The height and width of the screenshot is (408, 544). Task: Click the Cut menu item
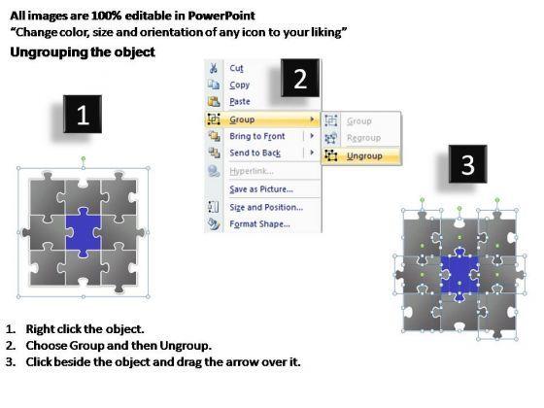(x=236, y=68)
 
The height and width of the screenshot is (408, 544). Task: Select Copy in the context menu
(x=239, y=85)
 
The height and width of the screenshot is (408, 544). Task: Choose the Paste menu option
(x=240, y=101)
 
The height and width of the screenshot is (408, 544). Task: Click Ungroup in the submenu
(x=364, y=156)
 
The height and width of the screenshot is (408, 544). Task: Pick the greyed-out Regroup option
(x=363, y=138)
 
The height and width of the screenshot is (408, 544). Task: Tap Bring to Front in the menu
(x=257, y=136)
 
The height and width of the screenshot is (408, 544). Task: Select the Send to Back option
(x=255, y=153)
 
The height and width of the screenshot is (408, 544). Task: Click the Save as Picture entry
(x=261, y=189)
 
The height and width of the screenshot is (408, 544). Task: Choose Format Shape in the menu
(x=259, y=223)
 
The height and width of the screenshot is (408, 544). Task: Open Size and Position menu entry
(x=266, y=207)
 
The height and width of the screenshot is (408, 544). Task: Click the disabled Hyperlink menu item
(x=252, y=171)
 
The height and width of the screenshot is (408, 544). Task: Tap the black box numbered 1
(x=83, y=115)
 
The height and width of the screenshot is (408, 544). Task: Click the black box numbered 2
(x=300, y=78)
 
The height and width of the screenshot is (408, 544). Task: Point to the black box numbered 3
(x=467, y=164)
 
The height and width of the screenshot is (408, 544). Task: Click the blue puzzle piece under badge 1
(x=84, y=232)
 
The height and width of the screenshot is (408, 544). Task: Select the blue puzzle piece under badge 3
(x=459, y=274)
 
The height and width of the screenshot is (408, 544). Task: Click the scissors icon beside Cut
(x=214, y=68)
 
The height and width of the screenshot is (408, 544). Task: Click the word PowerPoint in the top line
(x=221, y=16)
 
